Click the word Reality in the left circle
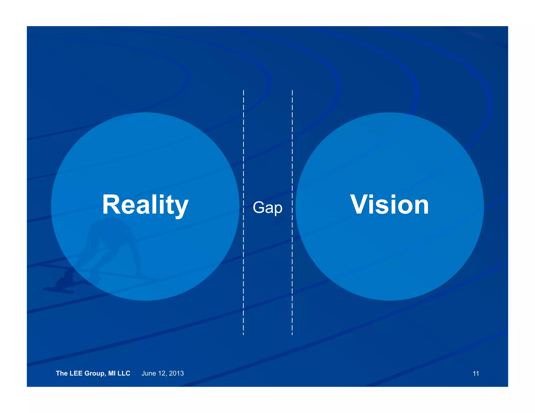pyautogui.click(x=145, y=205)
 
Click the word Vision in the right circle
pyautogui.click(x=389, y=205)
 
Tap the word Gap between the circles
pyautogui.click(x=267, y=208)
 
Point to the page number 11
pyautogui.click(x=476, y=374)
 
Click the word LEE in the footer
pyautogui.click(x=76, y=373)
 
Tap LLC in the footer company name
pyautogui.click(x=124, y=373)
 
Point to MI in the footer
pyautogui.click(x=112, y=373)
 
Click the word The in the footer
pyautogui.click(x=62, y=373)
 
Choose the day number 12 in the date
pyautogui.click(x=162, y=373)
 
